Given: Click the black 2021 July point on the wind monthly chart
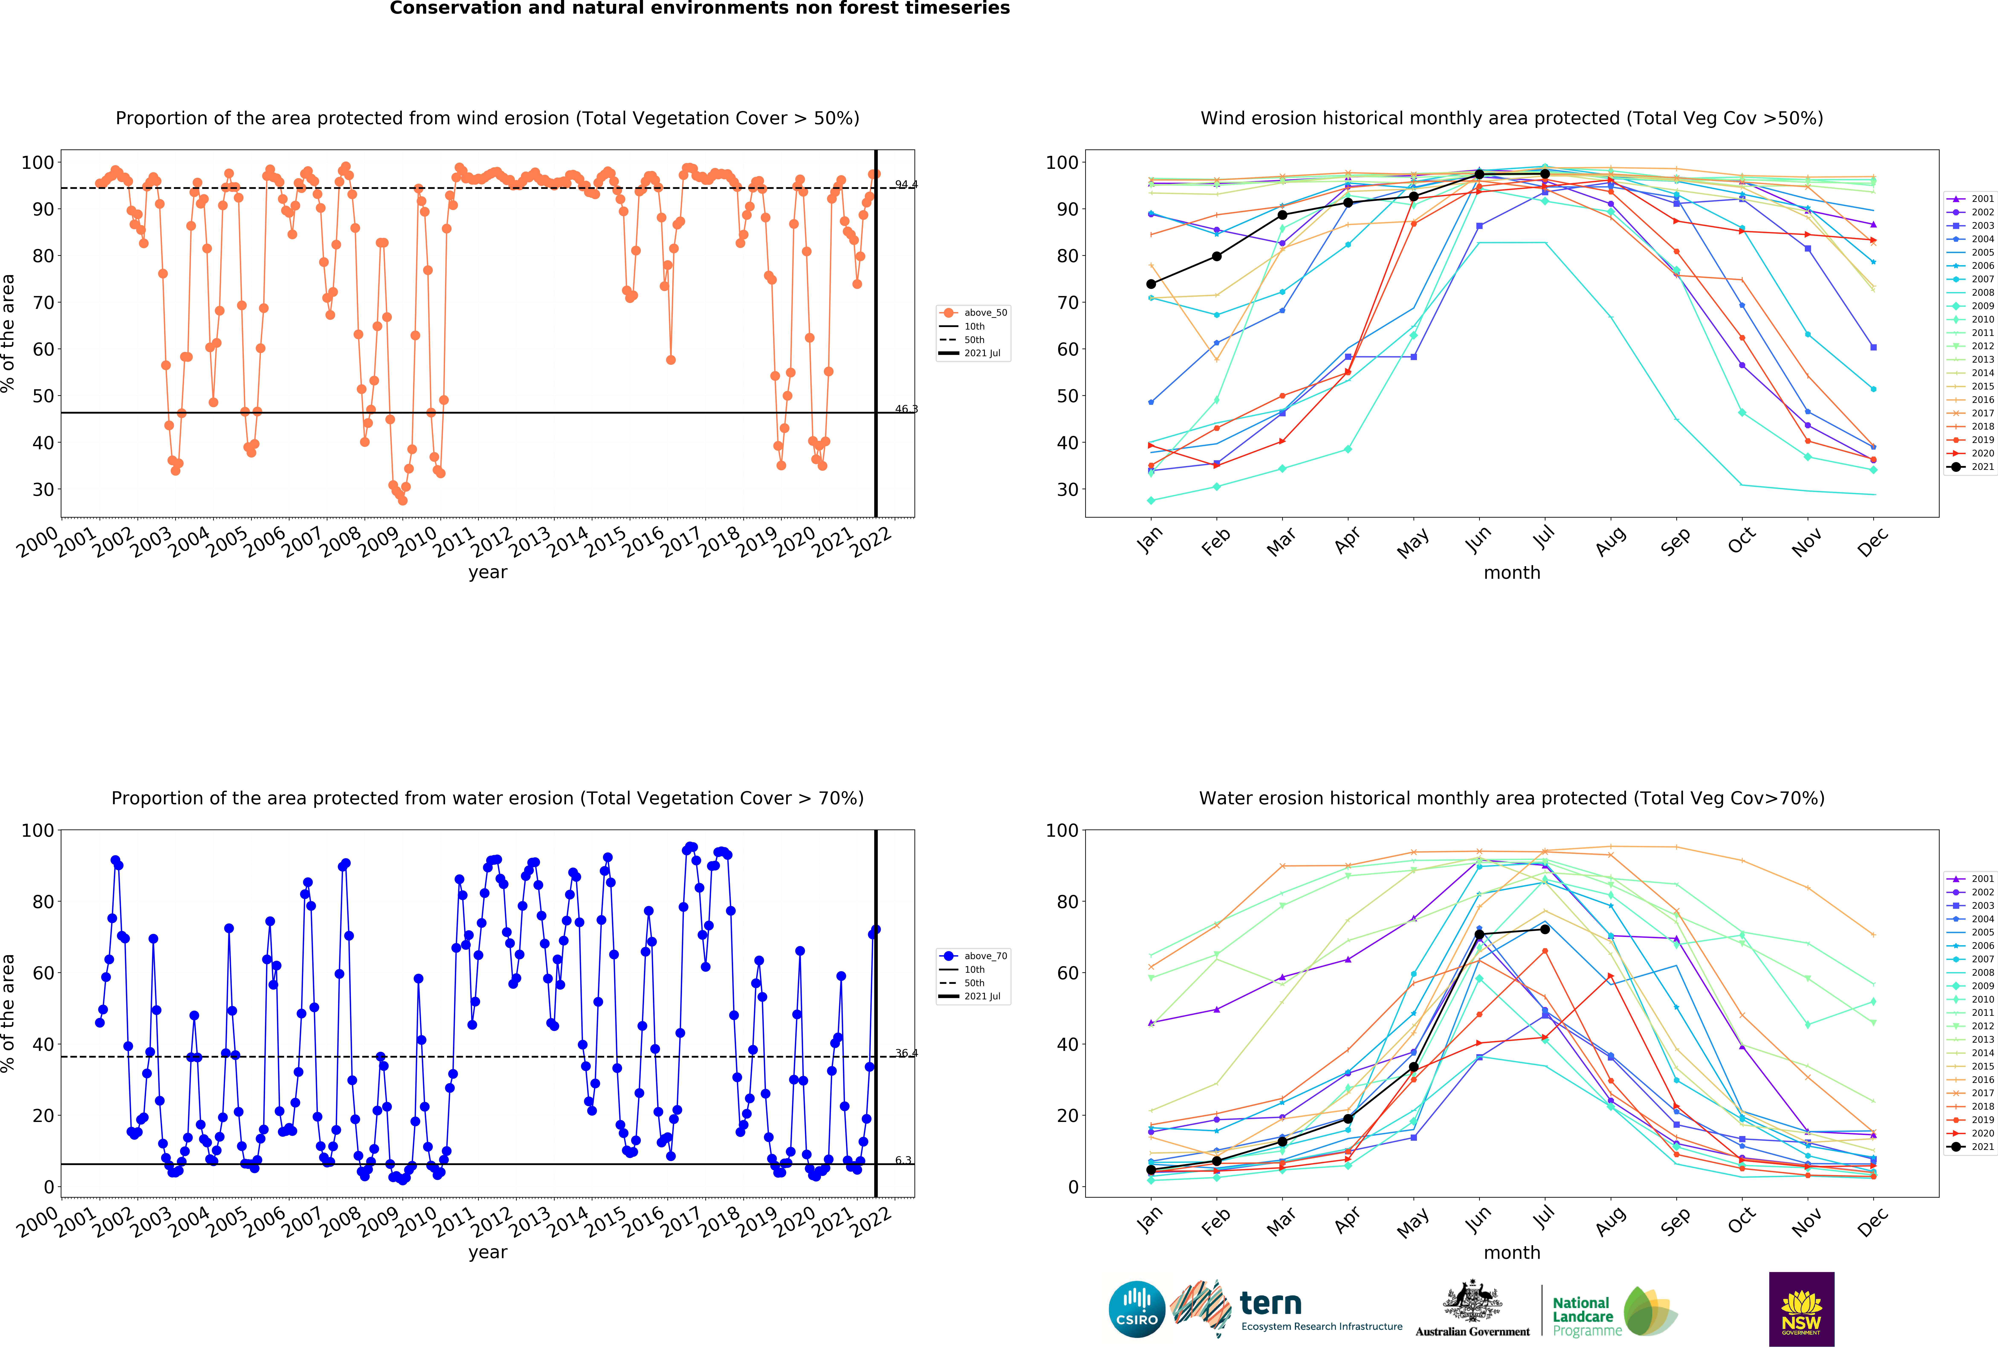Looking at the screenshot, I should point(1545,174).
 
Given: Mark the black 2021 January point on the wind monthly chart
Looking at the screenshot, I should point(1151,284).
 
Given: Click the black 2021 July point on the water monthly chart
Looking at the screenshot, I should point(1545,929).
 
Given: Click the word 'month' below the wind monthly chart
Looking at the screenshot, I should point(1511,573).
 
